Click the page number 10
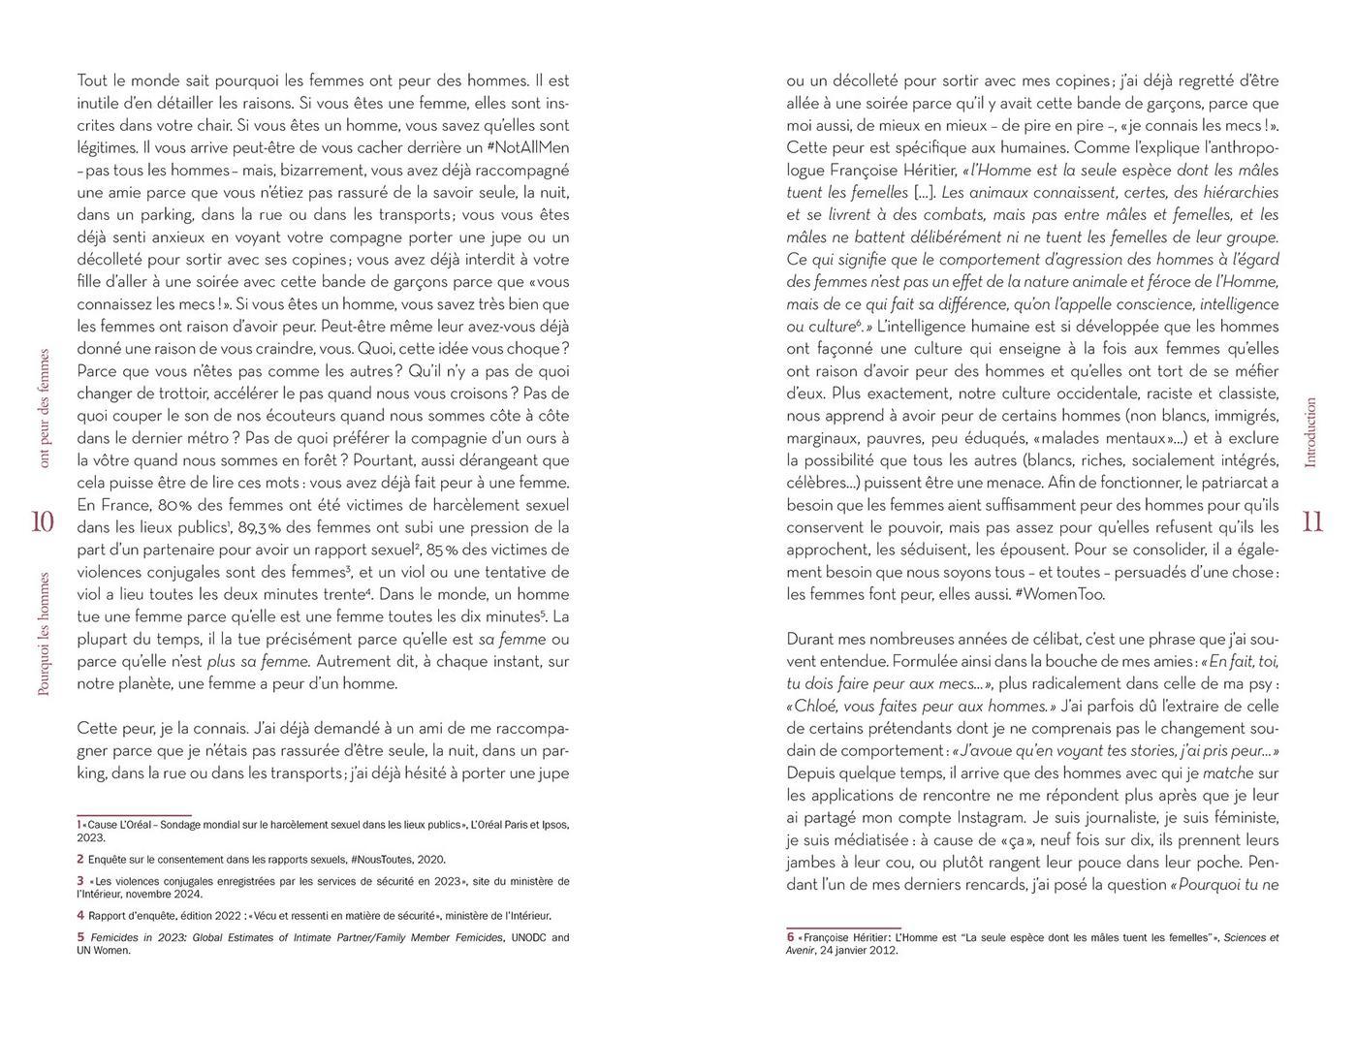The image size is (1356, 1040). click(42, 521)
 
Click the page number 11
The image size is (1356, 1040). click(1312, 521)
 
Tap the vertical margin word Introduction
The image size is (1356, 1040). click(1311, 432)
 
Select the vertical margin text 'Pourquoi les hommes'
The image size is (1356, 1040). click(43, 634)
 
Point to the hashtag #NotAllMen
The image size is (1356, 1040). click(525, 148)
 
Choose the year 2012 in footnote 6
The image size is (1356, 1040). click(884, 951)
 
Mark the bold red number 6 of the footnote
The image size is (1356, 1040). click(790, 937)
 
